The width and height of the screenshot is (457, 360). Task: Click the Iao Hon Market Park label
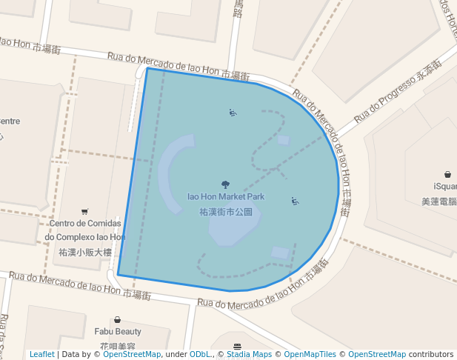tap(225, 197)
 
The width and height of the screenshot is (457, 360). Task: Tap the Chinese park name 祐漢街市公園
tap(226, 211)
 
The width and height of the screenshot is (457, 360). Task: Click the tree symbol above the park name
tap(226, 184)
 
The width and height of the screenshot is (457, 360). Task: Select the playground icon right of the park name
tap(295, 201)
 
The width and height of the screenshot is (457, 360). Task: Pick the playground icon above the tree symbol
tap(233, 113)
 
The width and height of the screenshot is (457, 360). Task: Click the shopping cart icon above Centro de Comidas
tap(84, 211)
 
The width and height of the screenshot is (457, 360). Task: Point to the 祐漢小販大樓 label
tap(85, 252)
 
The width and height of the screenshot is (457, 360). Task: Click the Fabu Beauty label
tap(117, 332)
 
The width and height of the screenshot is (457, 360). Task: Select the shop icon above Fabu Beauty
tap(117, 319)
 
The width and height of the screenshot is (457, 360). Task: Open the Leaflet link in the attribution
tap(41, 354)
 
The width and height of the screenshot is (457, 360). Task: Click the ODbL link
tap(199, 354)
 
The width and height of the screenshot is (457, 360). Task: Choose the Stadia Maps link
tap(249, 354)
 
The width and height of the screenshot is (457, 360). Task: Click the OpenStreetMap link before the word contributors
tap(377, 354)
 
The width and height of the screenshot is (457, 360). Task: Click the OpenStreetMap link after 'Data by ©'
tap(132, 354)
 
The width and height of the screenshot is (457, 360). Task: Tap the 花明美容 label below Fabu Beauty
tap(117, 346)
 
